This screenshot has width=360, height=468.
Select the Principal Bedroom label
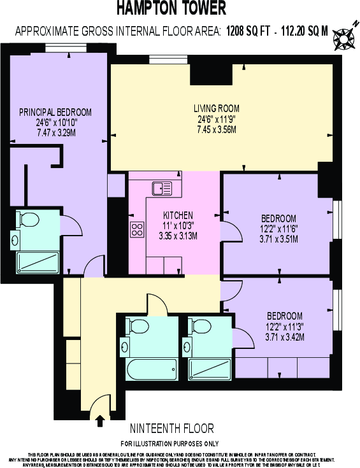click(x=55, y=112)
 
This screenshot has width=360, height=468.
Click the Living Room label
click(x=217, y=108)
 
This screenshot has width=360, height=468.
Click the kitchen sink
click(x=161, y=188)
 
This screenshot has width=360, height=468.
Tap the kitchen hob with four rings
click(x=138, y=229)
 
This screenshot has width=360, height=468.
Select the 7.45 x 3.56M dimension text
click(x=217, y=129)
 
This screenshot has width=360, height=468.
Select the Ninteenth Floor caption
click(x=171, y=428)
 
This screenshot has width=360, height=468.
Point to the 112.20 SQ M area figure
click(x=303, y=29)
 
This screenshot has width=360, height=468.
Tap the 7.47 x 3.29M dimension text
click(x=56, y=133)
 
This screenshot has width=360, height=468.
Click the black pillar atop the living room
click(x=211, y=74)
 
